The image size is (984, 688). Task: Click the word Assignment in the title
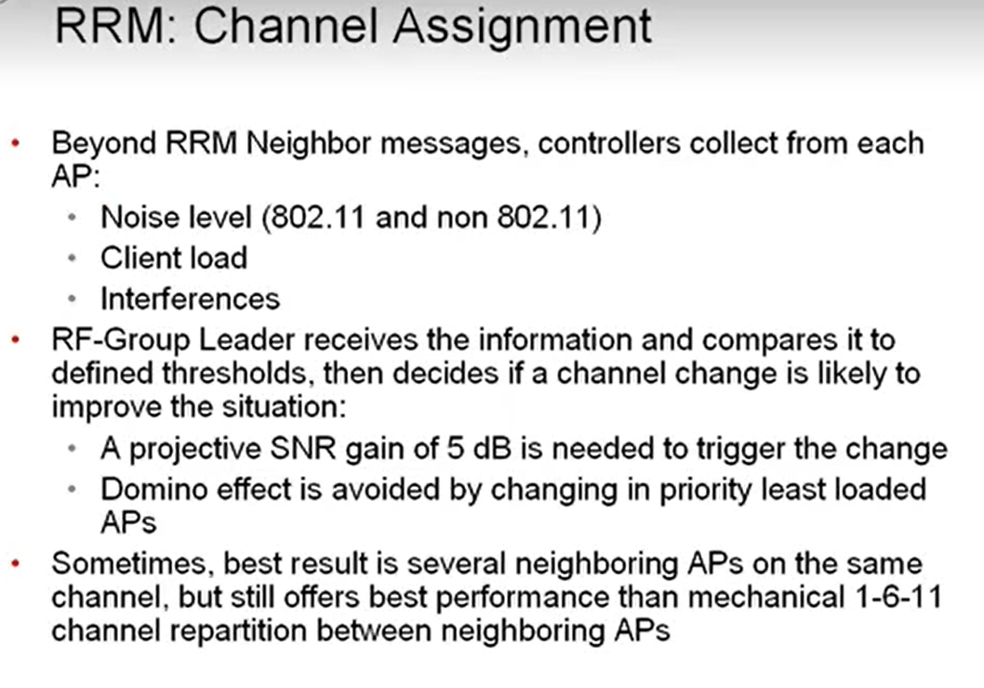click(x=522, y=26)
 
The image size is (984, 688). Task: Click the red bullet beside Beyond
click(x=16, y=145)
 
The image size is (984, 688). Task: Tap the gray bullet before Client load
click(x=73, y=258)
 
